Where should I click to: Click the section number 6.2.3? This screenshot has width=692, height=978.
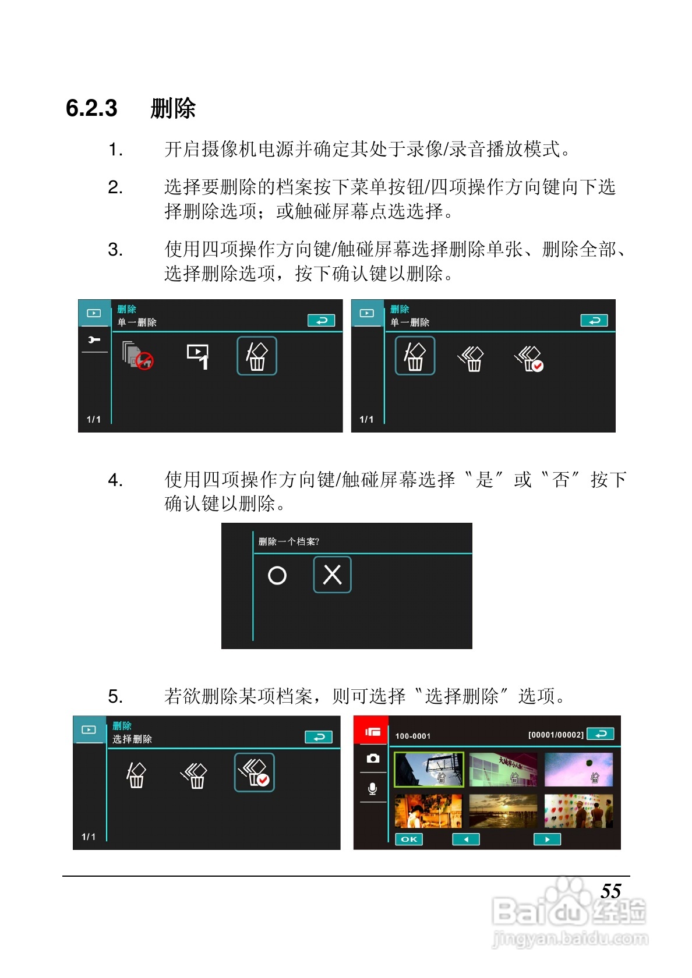pos(91,108)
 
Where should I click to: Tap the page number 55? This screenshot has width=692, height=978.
pos(610,891)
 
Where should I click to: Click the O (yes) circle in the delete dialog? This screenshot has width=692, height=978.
pos(277,575)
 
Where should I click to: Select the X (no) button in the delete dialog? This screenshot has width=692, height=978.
pos(332,575)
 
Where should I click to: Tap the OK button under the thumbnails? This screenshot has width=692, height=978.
pos(409,839)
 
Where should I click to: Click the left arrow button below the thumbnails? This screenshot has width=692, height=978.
pos(466,839)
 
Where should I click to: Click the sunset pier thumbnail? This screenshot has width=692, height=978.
pos(503,811)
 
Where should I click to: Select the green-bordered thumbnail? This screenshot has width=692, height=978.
pos(429,770)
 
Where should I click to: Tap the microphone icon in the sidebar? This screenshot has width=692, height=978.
pos(372,789)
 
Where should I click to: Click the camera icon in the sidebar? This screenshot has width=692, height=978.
pos(373,759)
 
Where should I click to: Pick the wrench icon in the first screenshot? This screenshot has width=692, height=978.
pos(93,340)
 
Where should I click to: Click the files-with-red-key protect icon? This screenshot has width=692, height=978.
pos(137,355)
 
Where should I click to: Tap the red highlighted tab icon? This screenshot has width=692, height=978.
pos(371,731)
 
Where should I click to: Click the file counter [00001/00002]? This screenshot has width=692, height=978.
pos(556,735)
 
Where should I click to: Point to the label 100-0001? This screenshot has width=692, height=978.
pos(413,736)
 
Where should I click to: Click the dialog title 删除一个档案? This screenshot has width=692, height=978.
pos(289,542)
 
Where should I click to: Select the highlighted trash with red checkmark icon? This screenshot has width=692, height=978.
pos(254,773)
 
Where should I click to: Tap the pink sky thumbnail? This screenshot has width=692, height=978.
pos(578,770)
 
